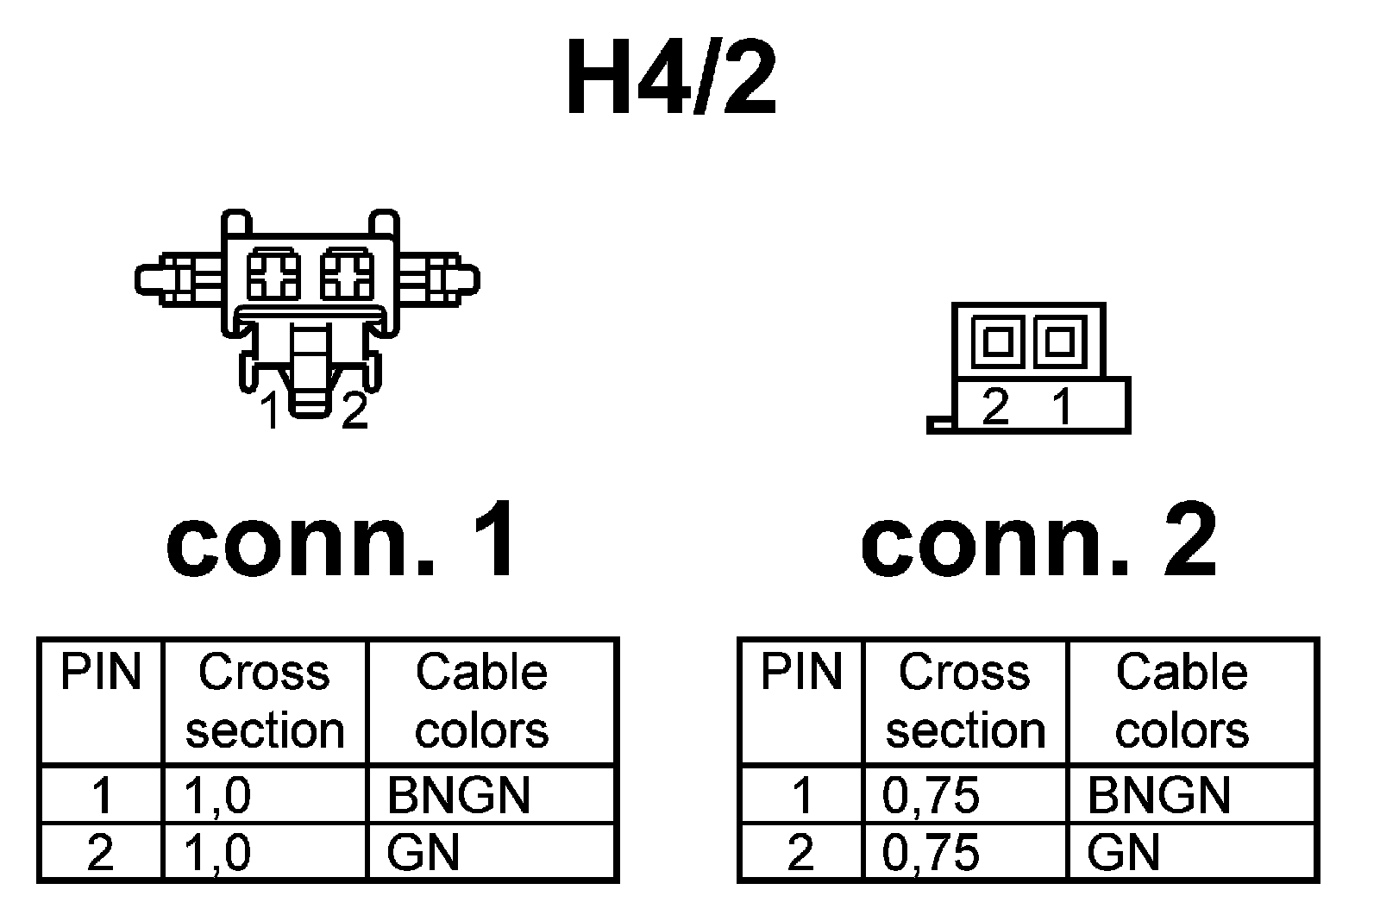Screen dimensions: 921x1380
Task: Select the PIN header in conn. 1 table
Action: point(100,673)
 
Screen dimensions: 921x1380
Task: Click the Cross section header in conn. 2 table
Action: point(965,701)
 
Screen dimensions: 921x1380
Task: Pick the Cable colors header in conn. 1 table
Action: point(481,701)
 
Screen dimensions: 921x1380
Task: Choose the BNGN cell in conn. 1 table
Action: point(458,795)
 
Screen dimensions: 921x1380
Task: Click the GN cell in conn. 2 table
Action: point(1123,853)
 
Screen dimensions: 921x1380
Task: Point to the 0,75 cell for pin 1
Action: point(931,795)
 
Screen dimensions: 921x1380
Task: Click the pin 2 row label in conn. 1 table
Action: point(100,853)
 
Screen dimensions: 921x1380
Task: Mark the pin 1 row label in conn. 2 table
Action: point(801,795)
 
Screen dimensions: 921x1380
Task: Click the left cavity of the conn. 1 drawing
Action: point(273,275)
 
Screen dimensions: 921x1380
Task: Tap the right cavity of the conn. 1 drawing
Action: point(347,275)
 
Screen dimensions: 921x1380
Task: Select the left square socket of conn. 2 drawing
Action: point(997,341)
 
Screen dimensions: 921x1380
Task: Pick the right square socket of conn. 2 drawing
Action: point(1059,341)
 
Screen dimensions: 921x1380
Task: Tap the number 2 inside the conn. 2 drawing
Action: point(996,405)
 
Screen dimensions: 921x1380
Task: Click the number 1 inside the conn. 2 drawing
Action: point(1062,405)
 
